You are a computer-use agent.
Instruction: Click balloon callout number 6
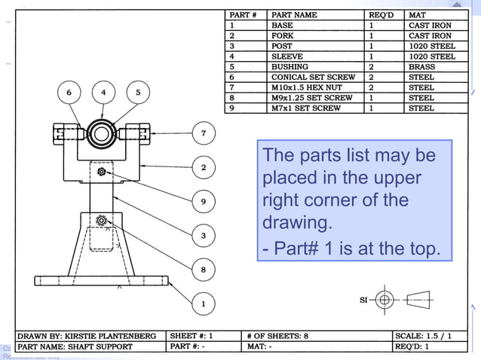tap(69, 93)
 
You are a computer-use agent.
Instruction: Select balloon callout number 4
tap(103, 93)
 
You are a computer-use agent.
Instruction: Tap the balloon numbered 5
tap(138, 93)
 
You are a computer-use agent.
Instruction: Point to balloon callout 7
tap(203, 134)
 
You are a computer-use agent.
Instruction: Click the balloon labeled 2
tap(203, 167)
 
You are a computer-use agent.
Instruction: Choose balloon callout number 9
tap(203, 201)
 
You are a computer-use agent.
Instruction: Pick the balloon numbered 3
tap(203, 236)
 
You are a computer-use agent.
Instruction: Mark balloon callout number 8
tap(203, 270)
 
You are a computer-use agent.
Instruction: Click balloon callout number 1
tap(203, 304)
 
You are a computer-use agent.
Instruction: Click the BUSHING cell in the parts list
tap(290, 67)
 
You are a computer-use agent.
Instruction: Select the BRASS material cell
tap(421, 67)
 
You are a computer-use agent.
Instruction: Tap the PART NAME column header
tap(294, 14)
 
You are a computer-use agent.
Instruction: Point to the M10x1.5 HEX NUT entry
tap(305, 87)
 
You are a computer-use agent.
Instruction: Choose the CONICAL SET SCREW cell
tap(312, 77)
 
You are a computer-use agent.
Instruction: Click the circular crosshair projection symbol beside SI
tap(384, 300)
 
